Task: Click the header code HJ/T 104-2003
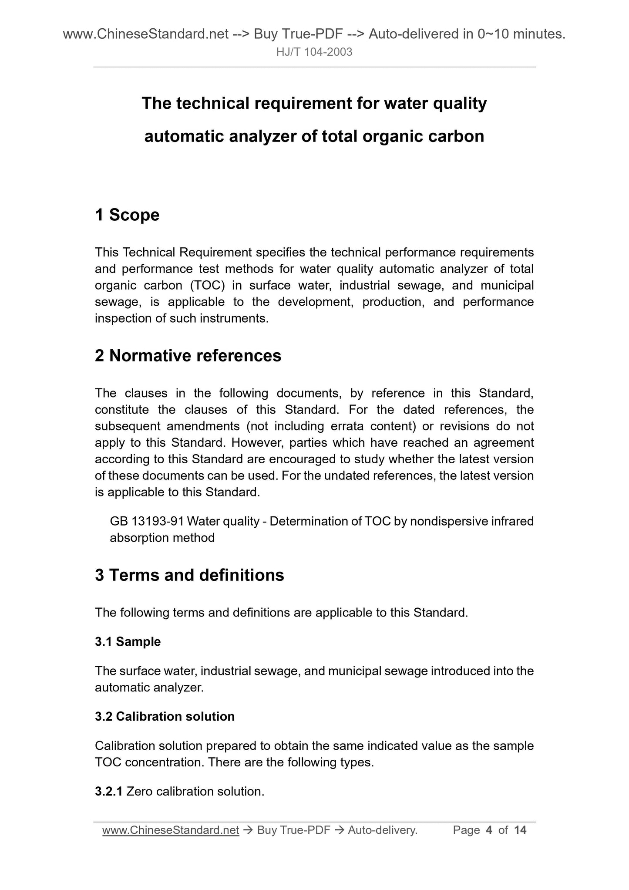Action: tap(314, 52)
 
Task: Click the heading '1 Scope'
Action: tap(127, 215)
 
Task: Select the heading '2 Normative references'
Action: tap(188, 356)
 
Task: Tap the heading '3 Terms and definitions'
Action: tap(189, 575)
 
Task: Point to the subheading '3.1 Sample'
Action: tap(128, 641)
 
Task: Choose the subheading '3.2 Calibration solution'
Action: tap(165, 716)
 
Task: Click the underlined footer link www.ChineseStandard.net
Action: tap(171, 830)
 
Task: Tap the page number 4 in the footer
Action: tap(489, 830)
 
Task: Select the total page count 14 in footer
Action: tap(520, 830)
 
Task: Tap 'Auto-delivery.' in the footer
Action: tap(383, 830)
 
